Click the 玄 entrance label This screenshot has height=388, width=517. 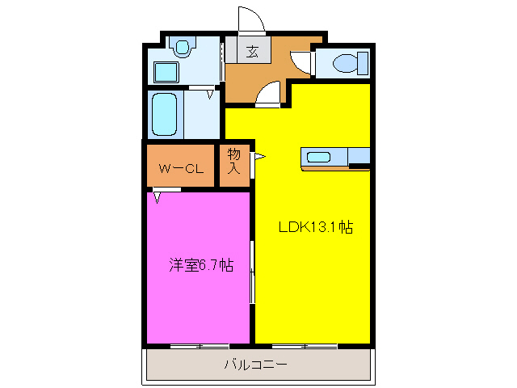[252, 52]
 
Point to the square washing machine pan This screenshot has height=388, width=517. [167, 72]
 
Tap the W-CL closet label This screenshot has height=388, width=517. [179, 169]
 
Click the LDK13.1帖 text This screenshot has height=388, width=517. [314, 227]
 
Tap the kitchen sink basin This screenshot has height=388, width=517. [317, 157]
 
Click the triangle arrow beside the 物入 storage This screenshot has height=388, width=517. [260, 158]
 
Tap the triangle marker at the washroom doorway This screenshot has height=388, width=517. [211, 95]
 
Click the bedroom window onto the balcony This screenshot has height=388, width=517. [200, 346]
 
